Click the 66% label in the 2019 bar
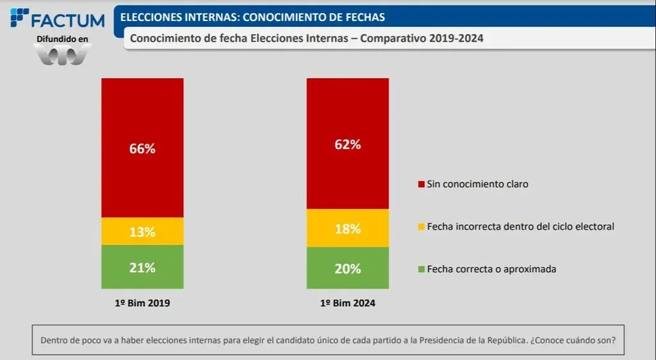point(142,149)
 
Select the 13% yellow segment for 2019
point(142,231)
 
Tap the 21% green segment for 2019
point(142,267)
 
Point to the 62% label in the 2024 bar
point(348,144)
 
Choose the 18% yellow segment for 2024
point(348,229)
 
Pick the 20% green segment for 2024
point(348,268)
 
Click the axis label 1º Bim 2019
point(142,304)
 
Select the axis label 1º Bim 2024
point(348,304)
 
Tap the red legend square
point(421,184)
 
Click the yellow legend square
point(421,227)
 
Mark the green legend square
point(421,270)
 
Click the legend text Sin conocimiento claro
point(477,184)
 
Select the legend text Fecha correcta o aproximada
point(491,269)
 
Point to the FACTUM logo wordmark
point(67,20)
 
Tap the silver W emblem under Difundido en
point(62,55)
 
